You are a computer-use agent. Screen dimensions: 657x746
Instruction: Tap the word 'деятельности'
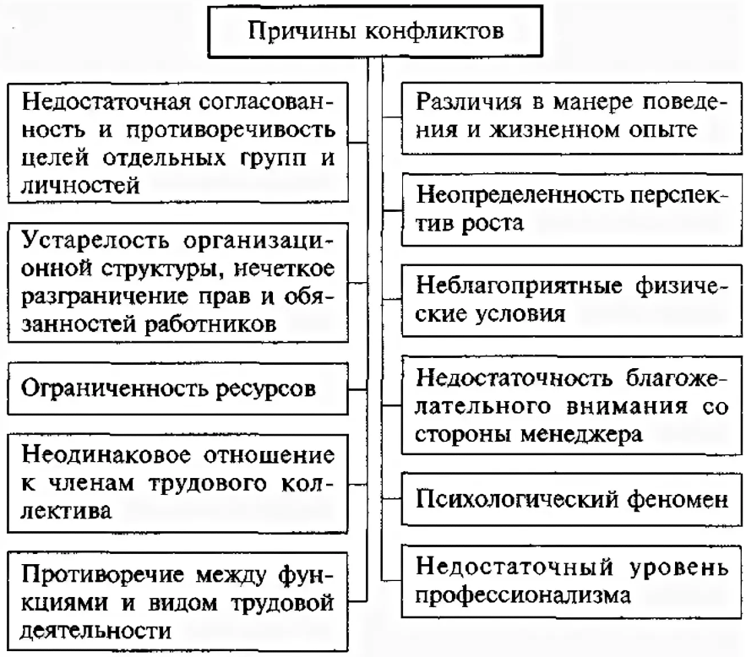pos(98,629)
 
